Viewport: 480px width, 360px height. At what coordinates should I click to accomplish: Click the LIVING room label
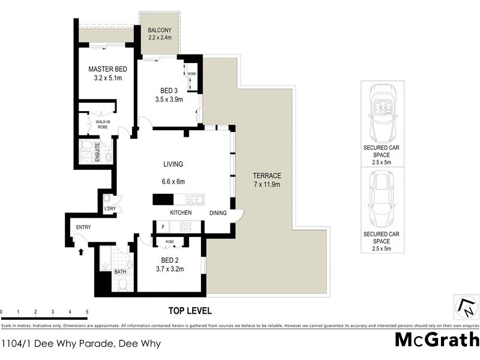pyautogui.click(x=173, y=164)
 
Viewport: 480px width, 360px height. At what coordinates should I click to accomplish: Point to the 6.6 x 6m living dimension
pyautogui.click(x=173, y=182)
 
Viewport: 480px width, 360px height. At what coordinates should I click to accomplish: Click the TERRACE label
pyautogui.click(x=266, y=176)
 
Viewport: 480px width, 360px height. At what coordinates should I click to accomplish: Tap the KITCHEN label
pyautogui.click(x=181, y=213)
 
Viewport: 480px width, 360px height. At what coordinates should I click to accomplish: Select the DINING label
pyautogui.click(x=218, y=213)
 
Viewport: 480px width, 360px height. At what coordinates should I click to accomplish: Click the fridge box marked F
pyautogui.click(x=163, y=227)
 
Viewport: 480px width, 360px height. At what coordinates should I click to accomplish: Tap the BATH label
pyautogui.click(x=121, y=272)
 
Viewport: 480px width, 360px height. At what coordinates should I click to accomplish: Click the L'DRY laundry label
pyautogui.click(x=110, y=209)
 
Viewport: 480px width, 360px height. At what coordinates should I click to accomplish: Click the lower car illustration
pyautogui.click(x=382, y=199)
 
